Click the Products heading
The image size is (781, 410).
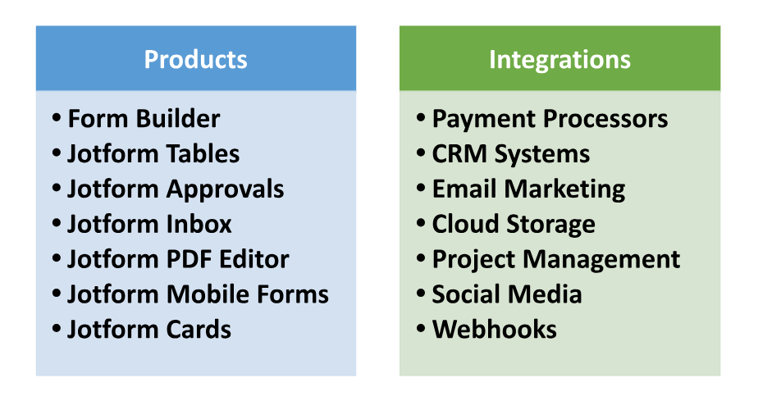[x=195, y=59]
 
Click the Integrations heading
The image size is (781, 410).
[x=559, y=60]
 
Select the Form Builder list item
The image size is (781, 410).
[x=144, y=118]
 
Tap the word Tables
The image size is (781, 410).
[x=203, y=153]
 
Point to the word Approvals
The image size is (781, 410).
[x=225, y=190]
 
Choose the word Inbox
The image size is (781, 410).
[x=199, y=224]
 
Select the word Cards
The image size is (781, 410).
[x=199, y=330]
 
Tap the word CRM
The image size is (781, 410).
[x=459, y=154]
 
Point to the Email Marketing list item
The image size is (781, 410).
[x=528, y=190]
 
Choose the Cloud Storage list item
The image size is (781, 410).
[x=514, y=225]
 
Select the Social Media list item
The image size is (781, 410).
[x=506, y=294]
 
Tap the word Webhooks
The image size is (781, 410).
[x=494, y=330]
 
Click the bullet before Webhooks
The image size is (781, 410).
[x=422, y=329]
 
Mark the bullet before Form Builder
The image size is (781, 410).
[x=57, y=118]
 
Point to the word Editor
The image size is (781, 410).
[x=254, y=259]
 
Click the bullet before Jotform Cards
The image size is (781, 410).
[x=57, y=329]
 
